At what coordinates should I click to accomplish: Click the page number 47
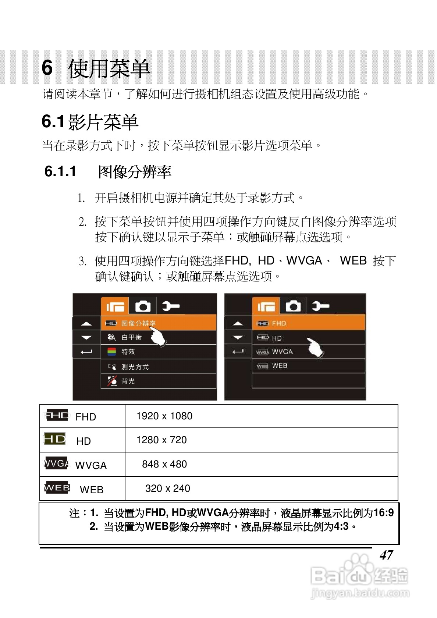386,555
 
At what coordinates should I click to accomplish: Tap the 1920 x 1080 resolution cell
164,416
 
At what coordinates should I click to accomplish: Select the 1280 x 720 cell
161,440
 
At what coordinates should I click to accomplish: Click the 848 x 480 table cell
164,464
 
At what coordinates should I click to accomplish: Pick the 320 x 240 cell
167,489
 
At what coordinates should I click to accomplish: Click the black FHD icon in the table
56,415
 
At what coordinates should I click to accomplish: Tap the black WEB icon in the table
57,488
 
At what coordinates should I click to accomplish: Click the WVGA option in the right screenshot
282,352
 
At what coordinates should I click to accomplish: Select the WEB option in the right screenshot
280,366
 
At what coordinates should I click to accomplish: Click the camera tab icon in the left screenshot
143,306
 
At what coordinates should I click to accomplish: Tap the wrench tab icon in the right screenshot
320,306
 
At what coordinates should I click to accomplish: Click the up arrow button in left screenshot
86,324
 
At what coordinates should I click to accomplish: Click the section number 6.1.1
60,171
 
